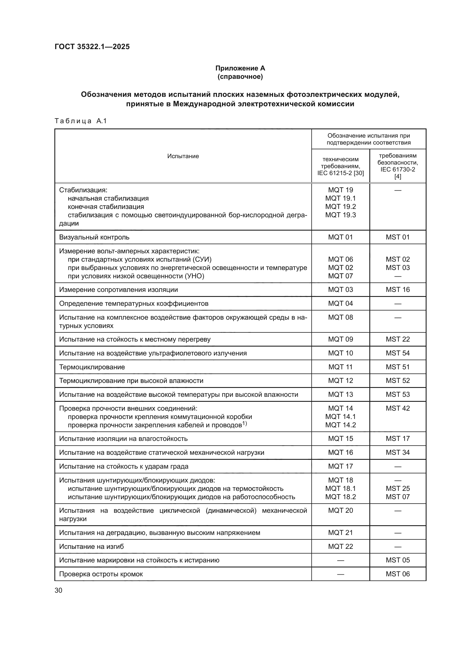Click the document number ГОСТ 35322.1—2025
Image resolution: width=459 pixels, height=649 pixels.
click(x=92, y=47)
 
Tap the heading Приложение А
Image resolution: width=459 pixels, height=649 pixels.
click(x=240, y=68)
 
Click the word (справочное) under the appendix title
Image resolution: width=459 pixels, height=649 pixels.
click(x=240, y=77)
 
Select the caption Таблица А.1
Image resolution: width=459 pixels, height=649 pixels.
click(x=80, y=121)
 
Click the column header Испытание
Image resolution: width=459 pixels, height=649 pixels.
click(x=183, y=156)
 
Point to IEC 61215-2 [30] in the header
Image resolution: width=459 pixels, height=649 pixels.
click(x=341, y=173)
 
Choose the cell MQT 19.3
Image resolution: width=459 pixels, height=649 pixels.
click(x=341, y=215)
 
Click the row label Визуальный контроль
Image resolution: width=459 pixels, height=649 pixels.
click(x=94, y=238)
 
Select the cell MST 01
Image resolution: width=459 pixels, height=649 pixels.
click(x=398, y=238)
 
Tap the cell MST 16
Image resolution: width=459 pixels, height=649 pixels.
click(x=398, y=290)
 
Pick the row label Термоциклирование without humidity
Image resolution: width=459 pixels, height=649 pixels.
click(x=92, y=367)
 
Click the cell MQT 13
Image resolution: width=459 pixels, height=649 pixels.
click(x=341, y=395)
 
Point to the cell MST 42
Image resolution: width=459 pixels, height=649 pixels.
click(x=398, y=408)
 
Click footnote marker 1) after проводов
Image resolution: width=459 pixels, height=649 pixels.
click(x=244, y=423)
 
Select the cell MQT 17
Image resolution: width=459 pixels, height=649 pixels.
click(x=341, y=466)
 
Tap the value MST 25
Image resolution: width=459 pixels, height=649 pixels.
click(x=398, y=489)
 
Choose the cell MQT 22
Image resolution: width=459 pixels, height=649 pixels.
click(x=341, y=547)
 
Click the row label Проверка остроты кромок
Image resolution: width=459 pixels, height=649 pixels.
click(x=101, y=574)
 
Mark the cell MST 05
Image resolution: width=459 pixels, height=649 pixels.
click(x=398, y=560)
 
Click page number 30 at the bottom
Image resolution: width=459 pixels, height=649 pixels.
click(x=59, y=590)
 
